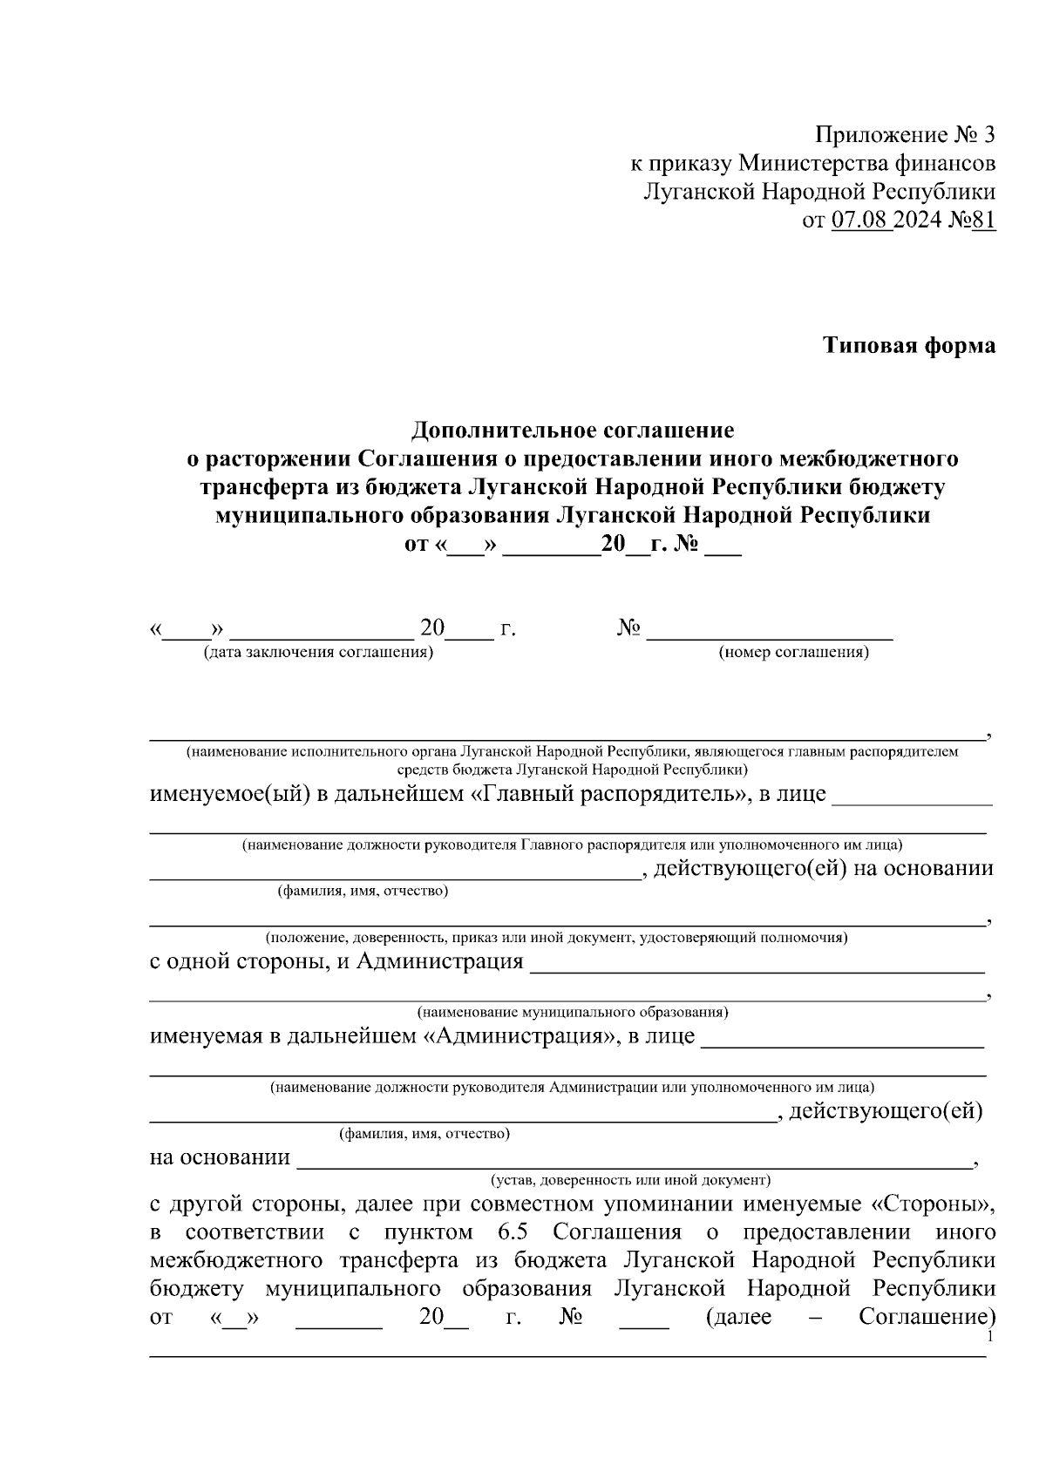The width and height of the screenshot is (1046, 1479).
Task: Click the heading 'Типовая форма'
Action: pos(909,346)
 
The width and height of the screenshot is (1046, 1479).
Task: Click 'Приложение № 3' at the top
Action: pos(905,135)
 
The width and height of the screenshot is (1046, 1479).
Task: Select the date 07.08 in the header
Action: pos(861,220)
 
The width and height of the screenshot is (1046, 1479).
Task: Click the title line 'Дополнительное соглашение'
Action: pos(573,430)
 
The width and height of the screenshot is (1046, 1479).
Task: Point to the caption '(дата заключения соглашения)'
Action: pos(318,652)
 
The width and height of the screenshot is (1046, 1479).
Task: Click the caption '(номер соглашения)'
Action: pos(792,652)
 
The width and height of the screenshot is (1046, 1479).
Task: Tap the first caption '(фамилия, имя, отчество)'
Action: pos(363,891)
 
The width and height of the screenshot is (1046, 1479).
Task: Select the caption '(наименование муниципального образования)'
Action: pos(572,1012)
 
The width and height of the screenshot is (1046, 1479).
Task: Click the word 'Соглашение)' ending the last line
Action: pos(927,1316)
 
